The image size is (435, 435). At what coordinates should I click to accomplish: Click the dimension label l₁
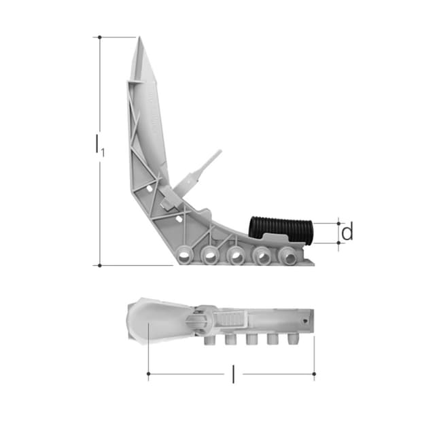pos(100,145)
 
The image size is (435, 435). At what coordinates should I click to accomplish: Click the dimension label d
pos(347,231)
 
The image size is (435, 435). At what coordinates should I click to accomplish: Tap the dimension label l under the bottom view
pos(233,375)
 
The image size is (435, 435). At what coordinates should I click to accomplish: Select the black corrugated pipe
pos(281,228)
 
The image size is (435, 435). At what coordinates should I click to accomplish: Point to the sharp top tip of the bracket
pos(139,37)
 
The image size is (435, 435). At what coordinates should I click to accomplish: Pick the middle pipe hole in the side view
pos(236,255)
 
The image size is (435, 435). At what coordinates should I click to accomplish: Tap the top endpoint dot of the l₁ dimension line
pos(100,37)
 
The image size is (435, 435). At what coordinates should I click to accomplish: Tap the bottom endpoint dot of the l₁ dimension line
pos(100,266)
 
